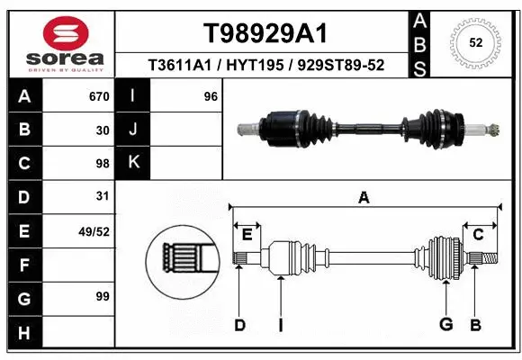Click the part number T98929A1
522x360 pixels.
pyautogui.click(x=264, y=33)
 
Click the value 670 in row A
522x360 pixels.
pyautogui.click(x=99, y=95)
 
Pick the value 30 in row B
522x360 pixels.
pyautogui.click(x=103, y=130)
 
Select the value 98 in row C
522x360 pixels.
pyautogui.click(x=103, y=164)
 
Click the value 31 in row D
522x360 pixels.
pyautogui.click(x=103, y=196)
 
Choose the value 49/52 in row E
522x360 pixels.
pyautogui.click(x=94, y=231)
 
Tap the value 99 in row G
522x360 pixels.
pyautogui.click(x=103, y=296)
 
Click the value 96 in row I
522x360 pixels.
pyautogui.click(x=211, y=95)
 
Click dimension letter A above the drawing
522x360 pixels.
pyautogui.click(x=364, y=198)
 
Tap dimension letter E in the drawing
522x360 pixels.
pyautogui.click(x=247, y=234)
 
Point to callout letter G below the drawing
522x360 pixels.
pyautogui.click(x=445, y=325)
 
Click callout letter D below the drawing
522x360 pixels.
pyautogui.click(x=239, y=325)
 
